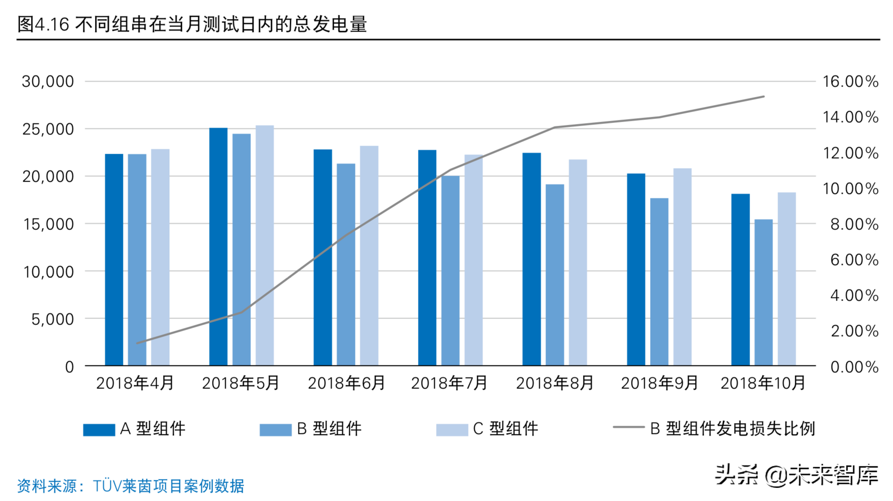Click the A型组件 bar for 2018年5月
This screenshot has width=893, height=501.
click(x=219, y=247)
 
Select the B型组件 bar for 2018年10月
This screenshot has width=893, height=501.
click(x=763, y=292)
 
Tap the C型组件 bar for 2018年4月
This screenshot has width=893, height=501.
click(x=160, y=257)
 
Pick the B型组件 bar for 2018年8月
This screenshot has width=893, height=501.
click(x=555, y=275)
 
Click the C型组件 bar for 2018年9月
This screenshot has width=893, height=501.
click(x=682, y=267)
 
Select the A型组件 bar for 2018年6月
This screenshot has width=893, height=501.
click(x=323, y=257)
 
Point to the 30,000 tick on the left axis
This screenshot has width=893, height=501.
click(x=48, y=82)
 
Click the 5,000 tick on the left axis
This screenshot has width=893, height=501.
click(x=52, y=319)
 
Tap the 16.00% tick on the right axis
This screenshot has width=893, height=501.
click(x=850, y=82)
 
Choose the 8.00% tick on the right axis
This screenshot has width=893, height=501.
click(x=854, y=224)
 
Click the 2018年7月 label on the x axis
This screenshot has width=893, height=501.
click(x=449, y=383)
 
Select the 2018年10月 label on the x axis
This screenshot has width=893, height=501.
click(x=763, y=383)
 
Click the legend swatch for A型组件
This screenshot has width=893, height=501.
click(x=99, y=429)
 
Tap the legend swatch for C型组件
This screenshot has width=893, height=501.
click(x=452, y=429)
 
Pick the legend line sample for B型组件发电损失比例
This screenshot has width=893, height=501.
click(x=629, y=427)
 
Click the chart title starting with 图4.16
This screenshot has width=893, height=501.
click(x=192, y=24)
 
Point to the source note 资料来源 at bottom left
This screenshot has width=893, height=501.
click(x=131, y=486)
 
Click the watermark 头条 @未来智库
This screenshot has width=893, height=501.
click(x=797, y=475)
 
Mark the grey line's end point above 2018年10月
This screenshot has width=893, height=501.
click(x=764, y=96)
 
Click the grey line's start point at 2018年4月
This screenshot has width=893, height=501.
click(x=137, y=343)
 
